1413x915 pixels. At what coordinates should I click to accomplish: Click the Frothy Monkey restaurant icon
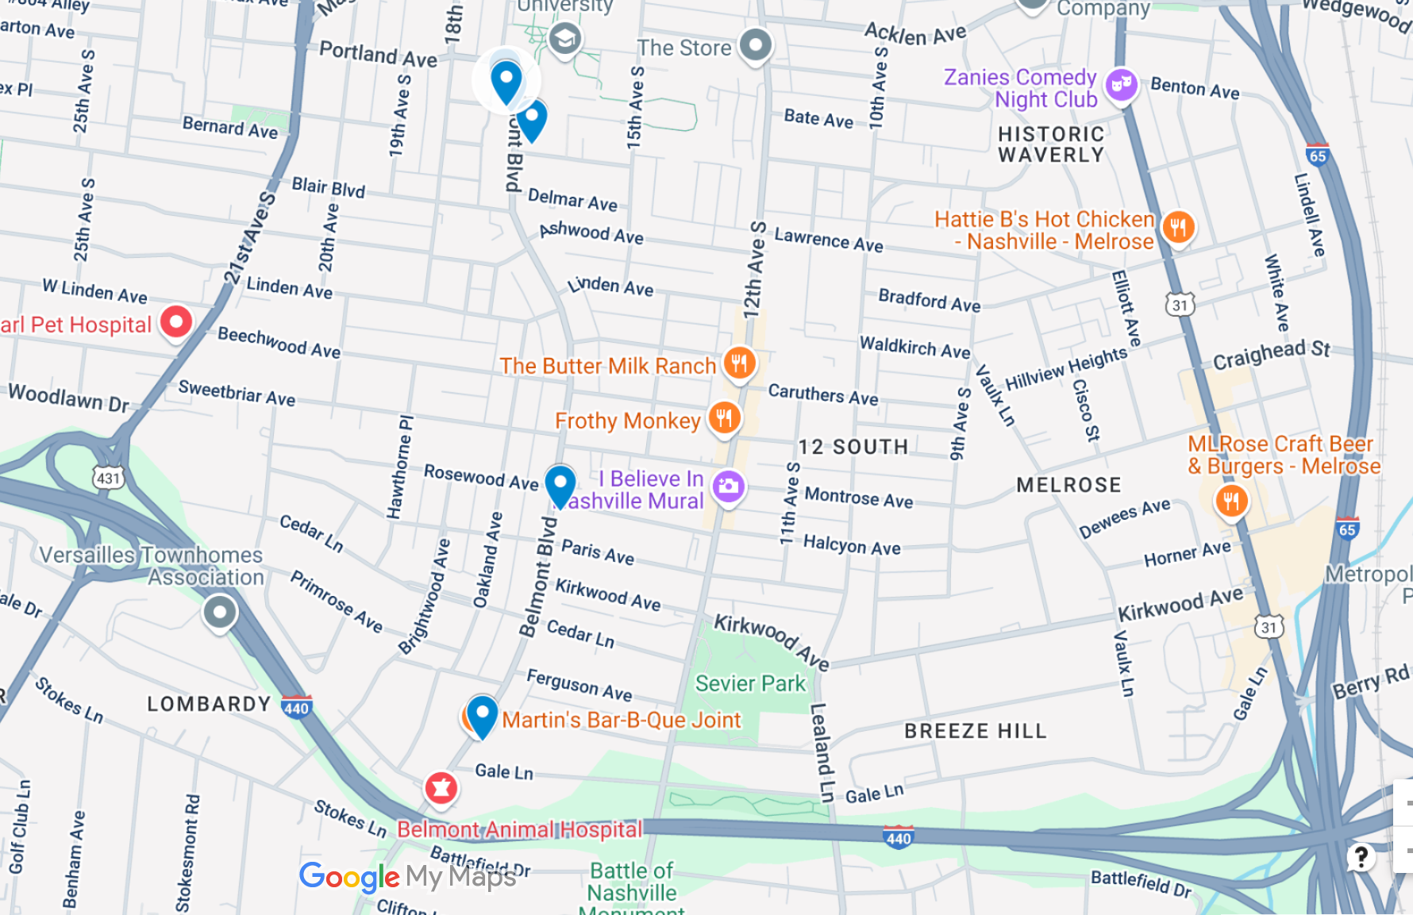point(724,417)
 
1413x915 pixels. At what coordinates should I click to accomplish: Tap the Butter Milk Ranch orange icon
point(739,363)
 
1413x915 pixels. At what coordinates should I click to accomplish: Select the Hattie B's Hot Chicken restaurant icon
point(1178,228)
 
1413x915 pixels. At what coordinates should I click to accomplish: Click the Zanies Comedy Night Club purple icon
point(1121,83)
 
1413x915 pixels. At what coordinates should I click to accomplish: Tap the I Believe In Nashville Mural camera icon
point(728,486)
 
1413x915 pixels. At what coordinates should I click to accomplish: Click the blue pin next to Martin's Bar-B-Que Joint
point(482,714)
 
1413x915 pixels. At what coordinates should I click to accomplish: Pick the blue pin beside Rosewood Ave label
point(560,484)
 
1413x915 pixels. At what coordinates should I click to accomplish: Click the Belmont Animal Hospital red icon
point(441,788)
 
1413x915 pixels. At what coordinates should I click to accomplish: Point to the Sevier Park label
point(749,683)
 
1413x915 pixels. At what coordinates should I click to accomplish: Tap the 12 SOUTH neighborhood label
point(853,447)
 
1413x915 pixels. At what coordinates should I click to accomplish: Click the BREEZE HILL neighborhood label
point(975,731)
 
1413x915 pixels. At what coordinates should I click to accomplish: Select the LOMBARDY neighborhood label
point(209,704)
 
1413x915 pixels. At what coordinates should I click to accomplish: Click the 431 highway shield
point(109,478)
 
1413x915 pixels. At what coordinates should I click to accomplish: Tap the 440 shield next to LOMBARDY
point(296,708)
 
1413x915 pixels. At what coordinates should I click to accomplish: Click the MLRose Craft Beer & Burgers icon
point(1231,501)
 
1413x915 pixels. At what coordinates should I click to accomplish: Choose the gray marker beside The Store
point(755,44)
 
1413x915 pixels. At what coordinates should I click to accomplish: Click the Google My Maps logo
point(407,877)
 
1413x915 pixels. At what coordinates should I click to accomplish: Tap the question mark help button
point(1361,856)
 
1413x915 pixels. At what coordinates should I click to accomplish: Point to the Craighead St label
point(1271,354)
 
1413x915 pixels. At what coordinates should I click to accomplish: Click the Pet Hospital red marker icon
point(176,322)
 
